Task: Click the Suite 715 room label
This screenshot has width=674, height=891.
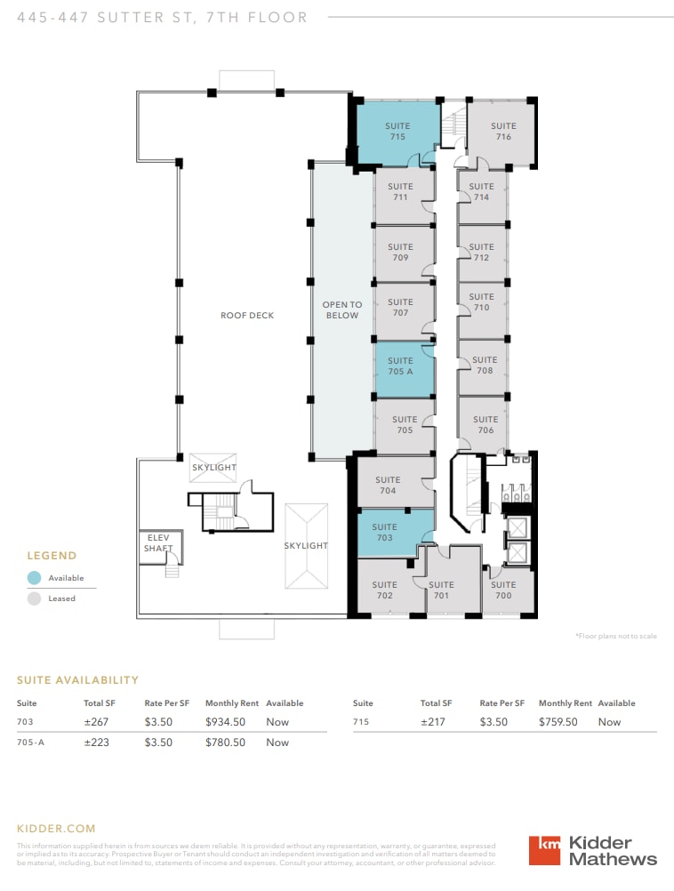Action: pyautogui.click(x=397, y=132)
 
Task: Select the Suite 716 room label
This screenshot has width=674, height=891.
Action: pyautogui.click(x=503, y=132)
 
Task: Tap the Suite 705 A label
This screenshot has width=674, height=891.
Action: pyautogui.click(x=400, y=366)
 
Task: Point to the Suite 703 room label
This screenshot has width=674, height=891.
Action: pyautogui.click(x=384, y=533)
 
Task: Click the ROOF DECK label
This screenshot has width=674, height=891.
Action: pyautogui.click(x=247, y=316)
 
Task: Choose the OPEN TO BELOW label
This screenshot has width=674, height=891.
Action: pyautogui.click(x=341, y=310)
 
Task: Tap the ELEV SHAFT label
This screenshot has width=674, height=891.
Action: pyautogui.click(x=157, y=543)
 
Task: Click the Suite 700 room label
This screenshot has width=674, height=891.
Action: pyautogui.click(x=503, y=590)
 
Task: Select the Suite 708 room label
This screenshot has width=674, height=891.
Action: pyautogui.click(x=485, y=365)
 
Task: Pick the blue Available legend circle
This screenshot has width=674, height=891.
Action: pyautogui.click(x=34, y=578)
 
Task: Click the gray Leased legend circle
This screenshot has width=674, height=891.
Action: pyautogui.click(x=34, y=598)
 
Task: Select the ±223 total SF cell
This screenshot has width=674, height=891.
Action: pyautogui.click(x=96, y=742)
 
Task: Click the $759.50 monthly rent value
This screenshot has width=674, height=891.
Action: pyautogui.click(x=557, y=722)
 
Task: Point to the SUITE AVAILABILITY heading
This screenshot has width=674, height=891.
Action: pyautogui.click(x=77, y=680)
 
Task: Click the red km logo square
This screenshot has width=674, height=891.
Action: pyautogui.click(x=544, y=850)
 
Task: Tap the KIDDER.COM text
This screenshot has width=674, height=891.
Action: pyautogui.click(x=56, y=829)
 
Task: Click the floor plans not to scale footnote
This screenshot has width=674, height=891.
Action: pyautogui.click(x=615, y=637)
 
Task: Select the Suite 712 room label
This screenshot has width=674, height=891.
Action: pyautogui.click(x=481, y=253)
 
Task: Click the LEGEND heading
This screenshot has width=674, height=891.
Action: pyautogui.click(x=52, y=556)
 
